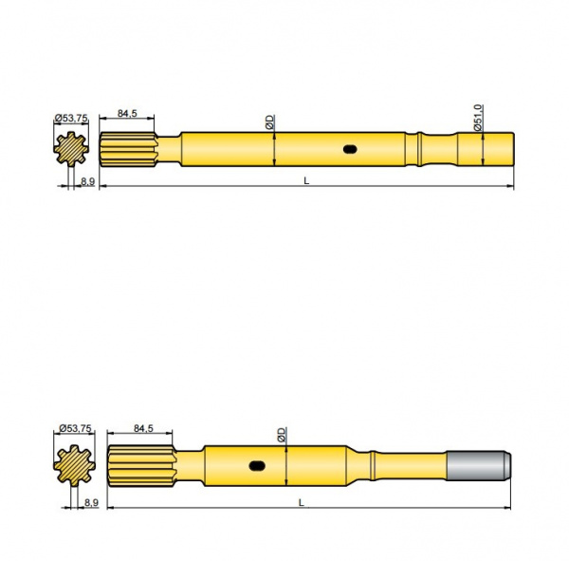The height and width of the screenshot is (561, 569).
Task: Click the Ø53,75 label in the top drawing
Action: pos(72,118)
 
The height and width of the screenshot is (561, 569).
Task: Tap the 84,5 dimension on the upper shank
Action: pos(127,114)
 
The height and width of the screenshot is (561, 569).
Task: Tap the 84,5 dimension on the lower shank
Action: pos(146,429)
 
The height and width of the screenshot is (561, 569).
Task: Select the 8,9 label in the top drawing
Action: pos(87,180)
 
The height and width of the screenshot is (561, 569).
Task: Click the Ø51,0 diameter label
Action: pos(480,118)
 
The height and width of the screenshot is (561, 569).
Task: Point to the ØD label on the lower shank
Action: pos(282,434)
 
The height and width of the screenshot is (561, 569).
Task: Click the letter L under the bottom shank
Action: pos(301,501)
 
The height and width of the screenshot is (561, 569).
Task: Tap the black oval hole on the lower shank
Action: pos(257,465)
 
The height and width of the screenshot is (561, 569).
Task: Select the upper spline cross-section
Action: pos(71,150)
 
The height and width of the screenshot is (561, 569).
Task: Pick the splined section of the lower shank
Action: pos(138,465)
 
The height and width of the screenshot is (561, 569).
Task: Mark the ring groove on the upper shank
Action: pos(417,149)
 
